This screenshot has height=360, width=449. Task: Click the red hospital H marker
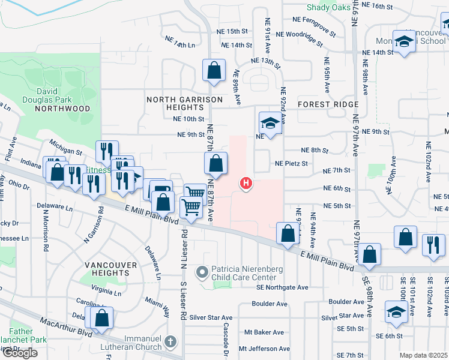click(245, 183)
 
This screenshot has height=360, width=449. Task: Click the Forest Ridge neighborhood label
click(328, 104)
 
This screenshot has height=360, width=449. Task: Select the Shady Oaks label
click(328, 7)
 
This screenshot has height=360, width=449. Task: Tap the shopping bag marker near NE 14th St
click(214, 70)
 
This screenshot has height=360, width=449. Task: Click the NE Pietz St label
click(291, 163)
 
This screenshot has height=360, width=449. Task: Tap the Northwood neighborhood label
click(62, 109)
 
